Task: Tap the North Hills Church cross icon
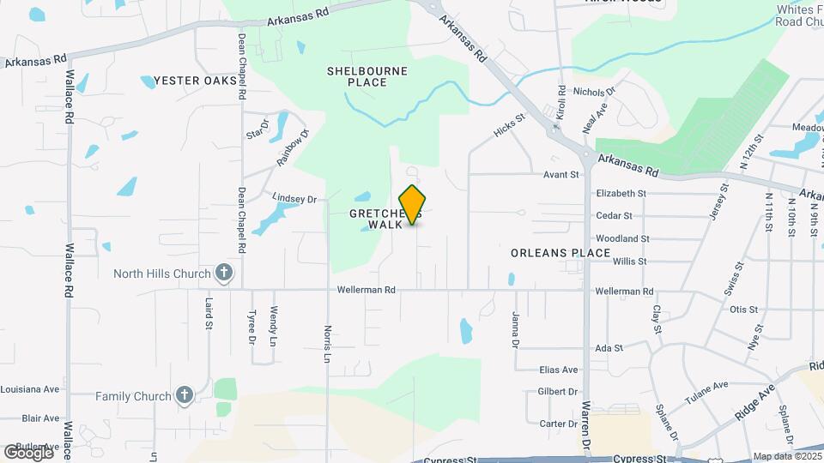pyautogui.click(x=224, y=274)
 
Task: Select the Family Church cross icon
pyautogui.click(x=183, y=395)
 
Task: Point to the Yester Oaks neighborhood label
pyautogui.click(x=189, y=81)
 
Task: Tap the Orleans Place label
pyautogui.click(x=560, y=253)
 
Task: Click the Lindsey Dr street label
pyautogui.click(x=294, y=198)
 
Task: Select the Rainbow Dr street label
pyautogui.click(x=292, y=147)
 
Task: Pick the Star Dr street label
pyautogui.click(x=257, y=129)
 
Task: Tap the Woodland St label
pyautogui.click(x=621, y=238)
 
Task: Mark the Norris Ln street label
pyautogui.click(x=327, y=343)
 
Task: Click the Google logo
pyautogui.click(x=28, y=452)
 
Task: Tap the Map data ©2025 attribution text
pyautogui.click(x=786, y=457)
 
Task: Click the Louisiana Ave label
pyautogui.click(x=30, y=388)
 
